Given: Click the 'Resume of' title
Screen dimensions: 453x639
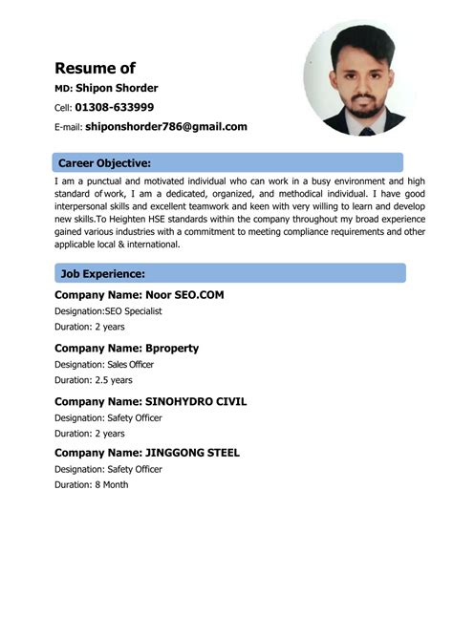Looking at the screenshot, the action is point(95,68).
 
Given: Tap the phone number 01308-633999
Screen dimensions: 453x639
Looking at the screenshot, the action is point(114,107).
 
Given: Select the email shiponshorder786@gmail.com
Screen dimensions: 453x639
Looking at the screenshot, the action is point(165,126).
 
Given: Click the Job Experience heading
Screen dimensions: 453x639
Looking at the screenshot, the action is point(102,274).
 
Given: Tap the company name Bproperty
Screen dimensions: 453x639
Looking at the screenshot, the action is point(171,349).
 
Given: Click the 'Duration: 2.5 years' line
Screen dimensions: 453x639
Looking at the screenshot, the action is point(93,379).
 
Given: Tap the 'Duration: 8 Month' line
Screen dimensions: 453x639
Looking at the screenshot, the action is point(91,484).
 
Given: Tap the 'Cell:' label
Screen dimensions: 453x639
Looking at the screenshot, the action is point(62,108).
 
